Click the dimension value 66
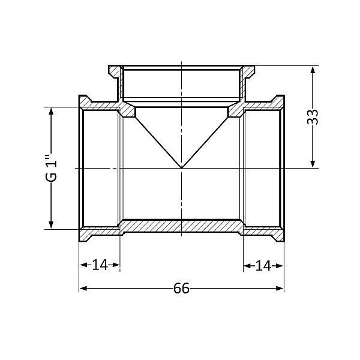[181, 289]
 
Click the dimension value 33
[312, 116]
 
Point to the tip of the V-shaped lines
[181, 167]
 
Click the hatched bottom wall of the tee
[181, 225]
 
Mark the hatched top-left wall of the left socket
[100, 106]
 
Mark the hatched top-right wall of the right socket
[263, 106]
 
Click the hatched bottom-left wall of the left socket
[100, 231]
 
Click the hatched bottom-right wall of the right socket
[263, 231]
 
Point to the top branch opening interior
[181, 84]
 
